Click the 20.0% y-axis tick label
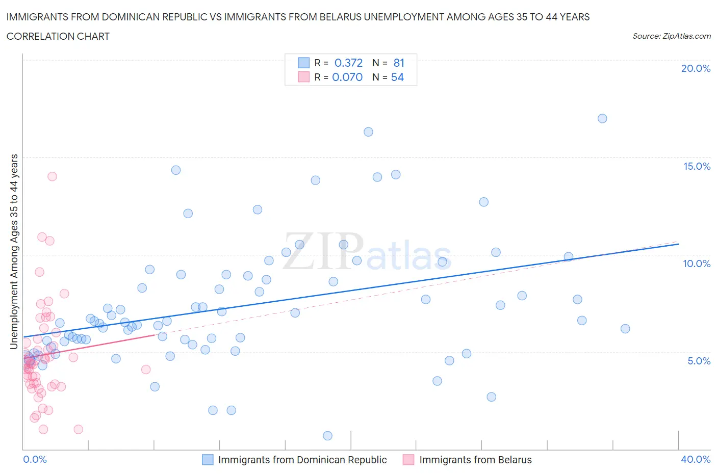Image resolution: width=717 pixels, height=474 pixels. tap(696, 68)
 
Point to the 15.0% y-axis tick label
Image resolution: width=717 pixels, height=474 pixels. tap(697, 166)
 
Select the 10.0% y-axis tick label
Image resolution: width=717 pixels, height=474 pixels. tap(697, 264)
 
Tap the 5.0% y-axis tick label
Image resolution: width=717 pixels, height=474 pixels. tap(699, 361)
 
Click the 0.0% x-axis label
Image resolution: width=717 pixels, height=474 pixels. tap(35, 459)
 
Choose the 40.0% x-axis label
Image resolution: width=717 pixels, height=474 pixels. tap(696, 459)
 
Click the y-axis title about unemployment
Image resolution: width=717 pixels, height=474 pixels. tap(14, 251)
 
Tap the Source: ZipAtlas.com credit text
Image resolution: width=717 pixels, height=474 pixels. tap(671, 36)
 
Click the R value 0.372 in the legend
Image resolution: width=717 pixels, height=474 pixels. tap(348, 63)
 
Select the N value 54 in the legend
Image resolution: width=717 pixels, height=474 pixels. tap(397, 77)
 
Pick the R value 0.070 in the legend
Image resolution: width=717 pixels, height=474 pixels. tap(347, 77)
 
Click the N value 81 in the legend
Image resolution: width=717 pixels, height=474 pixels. tap(399, 63)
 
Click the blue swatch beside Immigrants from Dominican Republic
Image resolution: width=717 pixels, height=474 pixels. tap(208, 460)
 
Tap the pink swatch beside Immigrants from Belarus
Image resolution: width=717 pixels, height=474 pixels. tap(408, 460)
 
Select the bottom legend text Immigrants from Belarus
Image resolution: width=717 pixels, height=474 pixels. tap(475, 460)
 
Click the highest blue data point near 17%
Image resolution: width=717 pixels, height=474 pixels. tap(602, 118)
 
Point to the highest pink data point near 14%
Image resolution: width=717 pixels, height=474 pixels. tap(52, 176)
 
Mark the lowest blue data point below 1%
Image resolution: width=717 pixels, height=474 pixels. tap(327, 435)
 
